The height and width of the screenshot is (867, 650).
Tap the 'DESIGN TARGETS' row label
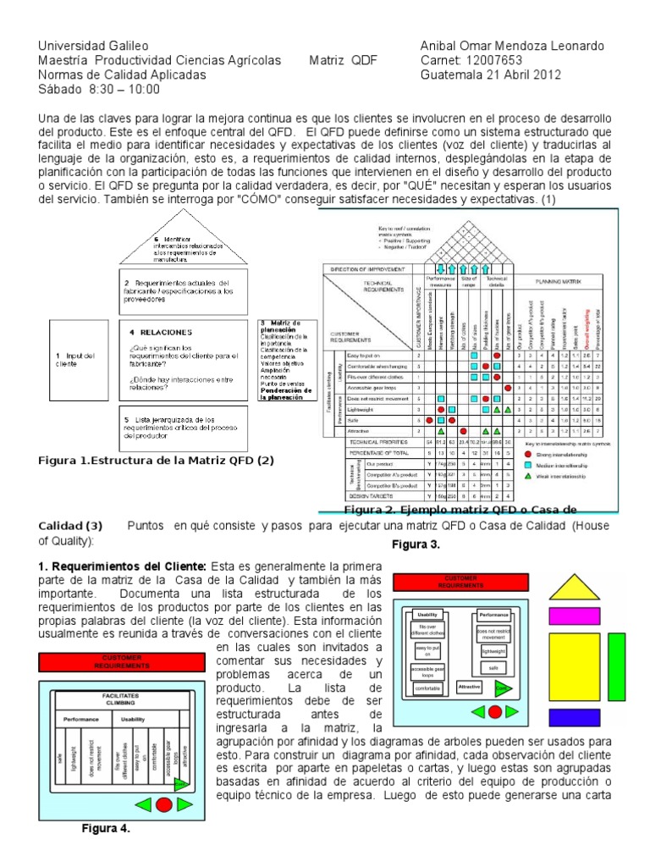coord(366,494)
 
